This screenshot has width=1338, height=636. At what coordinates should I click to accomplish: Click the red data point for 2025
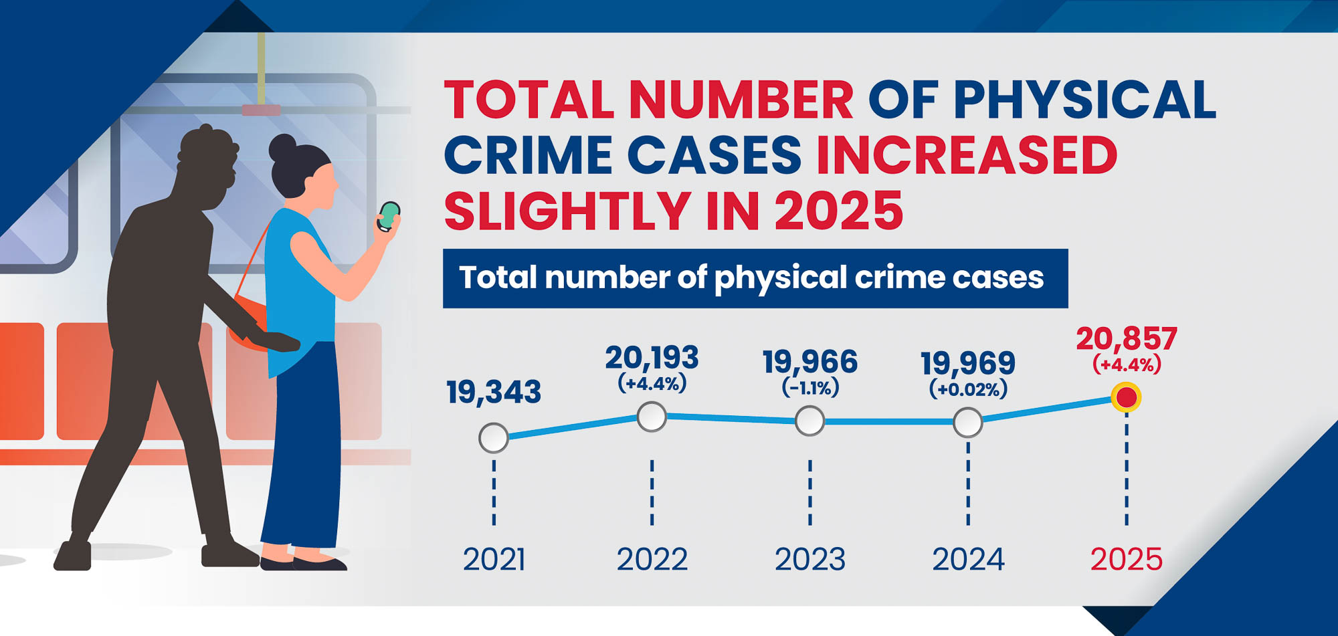pos(1126,397)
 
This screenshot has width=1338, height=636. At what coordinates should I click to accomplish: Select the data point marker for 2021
pos(494,438)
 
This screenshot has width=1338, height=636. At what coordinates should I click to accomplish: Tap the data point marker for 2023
pos(809,421)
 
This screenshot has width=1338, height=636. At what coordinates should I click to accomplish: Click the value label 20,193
pos(652,358)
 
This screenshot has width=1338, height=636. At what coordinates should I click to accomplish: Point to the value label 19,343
pos(494,392)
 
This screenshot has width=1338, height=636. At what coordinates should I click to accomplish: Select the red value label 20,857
pos(1127,339)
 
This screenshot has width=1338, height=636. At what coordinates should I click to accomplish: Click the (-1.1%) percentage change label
pos(810,387)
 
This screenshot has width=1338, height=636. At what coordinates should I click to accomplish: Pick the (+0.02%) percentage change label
pos(968,389)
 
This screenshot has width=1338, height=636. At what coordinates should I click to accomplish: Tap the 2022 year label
pos(652,559)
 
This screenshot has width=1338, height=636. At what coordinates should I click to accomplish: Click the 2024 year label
pos(968,559)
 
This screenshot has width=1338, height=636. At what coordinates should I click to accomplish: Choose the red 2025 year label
pos(1127,559)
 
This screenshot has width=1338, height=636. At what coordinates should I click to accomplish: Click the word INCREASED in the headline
pos(967,155)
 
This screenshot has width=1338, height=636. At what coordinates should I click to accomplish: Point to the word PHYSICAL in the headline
pos(1084,100)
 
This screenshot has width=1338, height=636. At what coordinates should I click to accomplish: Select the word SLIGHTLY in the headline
pos(567,211)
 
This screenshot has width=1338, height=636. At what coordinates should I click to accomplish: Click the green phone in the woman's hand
pos(389,216)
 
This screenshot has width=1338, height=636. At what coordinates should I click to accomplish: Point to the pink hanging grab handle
pos(261,110)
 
